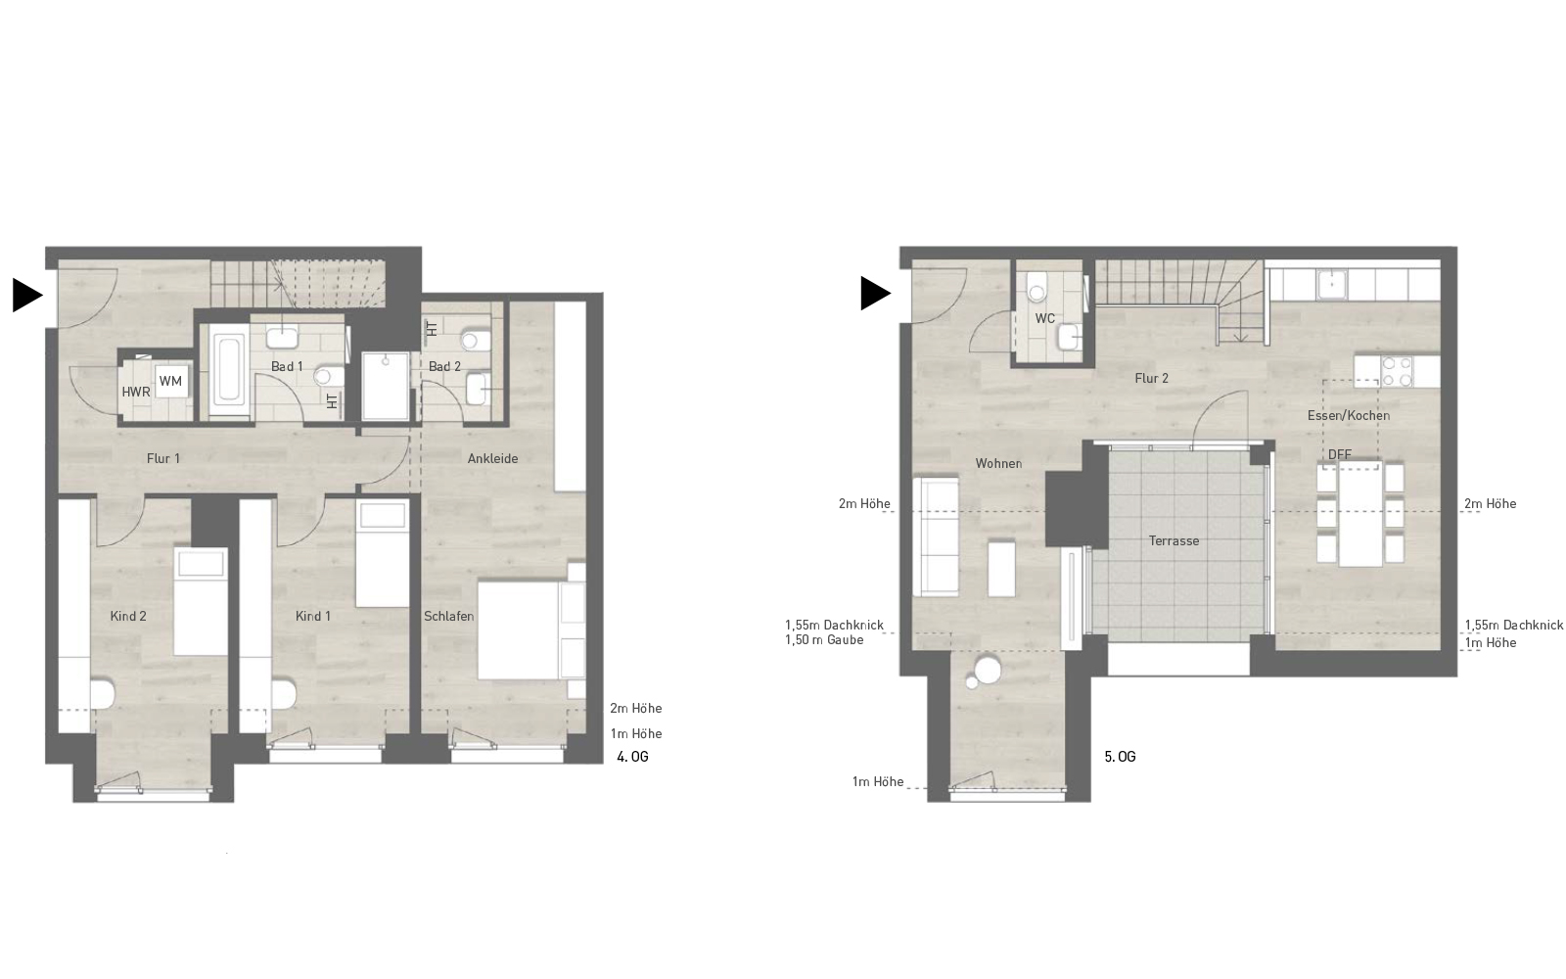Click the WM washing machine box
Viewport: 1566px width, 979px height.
[x=170, y=381]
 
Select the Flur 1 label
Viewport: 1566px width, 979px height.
[x=163, y=458]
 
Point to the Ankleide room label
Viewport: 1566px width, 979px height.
[x=492, y=458]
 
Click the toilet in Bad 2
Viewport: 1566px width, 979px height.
[x=473, y=341]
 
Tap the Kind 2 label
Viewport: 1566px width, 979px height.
[x=128, y=616]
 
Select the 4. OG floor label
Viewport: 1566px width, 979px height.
[x=632, y=757]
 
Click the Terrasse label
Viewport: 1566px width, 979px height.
[x=1174, y=540]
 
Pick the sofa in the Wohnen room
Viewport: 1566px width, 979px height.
[x=936, y=536]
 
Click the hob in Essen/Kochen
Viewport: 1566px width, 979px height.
[x=1396, y=369]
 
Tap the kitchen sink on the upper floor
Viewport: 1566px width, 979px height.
[x=1332, y=285]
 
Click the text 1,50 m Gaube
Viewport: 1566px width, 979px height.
[x=824, y=640]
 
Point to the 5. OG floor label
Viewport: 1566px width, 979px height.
[x=1120, y=757]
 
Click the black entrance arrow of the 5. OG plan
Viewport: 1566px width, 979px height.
[x=875, y=293]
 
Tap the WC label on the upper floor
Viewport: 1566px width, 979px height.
[x=1045, y=318]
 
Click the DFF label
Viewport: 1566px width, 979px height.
[x=1339, y=454]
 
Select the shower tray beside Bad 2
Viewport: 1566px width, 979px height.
[x=386, y=386]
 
